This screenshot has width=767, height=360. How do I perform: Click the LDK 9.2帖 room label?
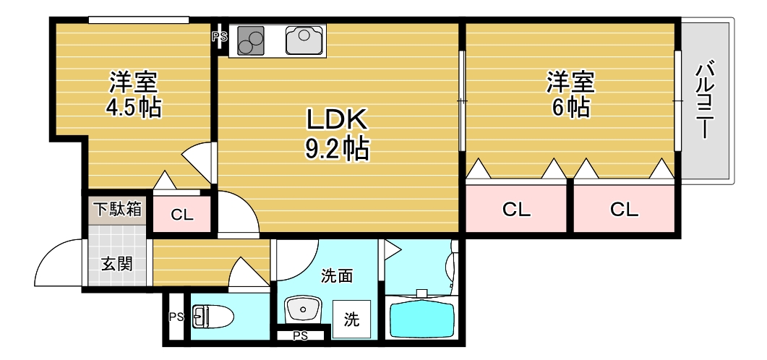337,134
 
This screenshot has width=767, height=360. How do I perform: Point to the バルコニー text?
704,101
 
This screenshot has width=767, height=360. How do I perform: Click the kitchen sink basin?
306,40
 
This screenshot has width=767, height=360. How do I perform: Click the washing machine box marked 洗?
351,319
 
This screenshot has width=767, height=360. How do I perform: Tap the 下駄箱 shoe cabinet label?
118,210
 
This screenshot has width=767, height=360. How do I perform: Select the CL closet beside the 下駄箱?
181,215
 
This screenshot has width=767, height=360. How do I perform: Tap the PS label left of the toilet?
175,317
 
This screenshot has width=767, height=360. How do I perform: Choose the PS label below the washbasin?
301,335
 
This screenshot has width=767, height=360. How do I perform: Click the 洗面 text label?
337,275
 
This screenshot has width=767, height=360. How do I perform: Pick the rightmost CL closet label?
624,210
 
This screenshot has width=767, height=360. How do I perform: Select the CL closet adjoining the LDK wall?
516,210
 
